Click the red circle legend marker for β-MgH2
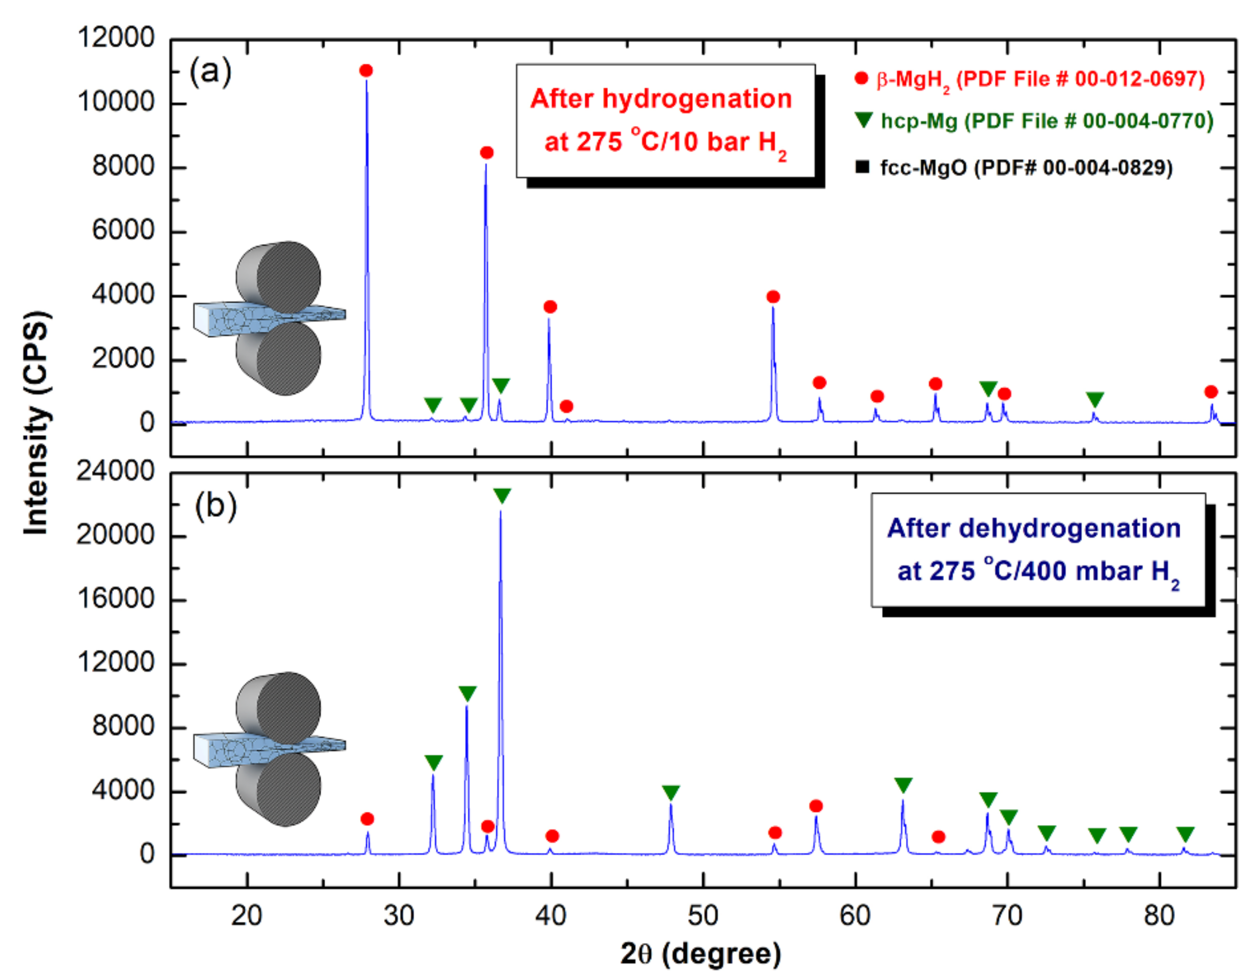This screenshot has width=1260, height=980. pos(861,78)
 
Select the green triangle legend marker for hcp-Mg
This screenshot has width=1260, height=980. pos(864,120)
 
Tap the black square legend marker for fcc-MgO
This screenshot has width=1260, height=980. pos(862,167)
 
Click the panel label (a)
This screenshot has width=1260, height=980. pos(211,71)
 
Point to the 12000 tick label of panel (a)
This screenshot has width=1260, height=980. pos(116,38)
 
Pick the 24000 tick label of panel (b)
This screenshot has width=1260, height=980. pos(116,471)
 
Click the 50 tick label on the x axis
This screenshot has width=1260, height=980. pos(703,916)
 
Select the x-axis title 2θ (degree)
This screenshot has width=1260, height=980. pos(701,954)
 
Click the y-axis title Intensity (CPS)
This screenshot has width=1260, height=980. pos(36,423)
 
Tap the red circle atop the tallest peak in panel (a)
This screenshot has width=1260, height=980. pos(366,70)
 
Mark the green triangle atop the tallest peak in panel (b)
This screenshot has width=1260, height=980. pos(502,495)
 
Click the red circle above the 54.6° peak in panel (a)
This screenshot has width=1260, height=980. pos(773,296)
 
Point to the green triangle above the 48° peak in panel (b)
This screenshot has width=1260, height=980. pos(671,793)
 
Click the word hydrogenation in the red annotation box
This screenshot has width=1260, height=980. pos(697,99)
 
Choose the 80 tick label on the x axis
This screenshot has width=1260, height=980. pos(1159,916)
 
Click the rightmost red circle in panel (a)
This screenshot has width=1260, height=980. pos(1211,392)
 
